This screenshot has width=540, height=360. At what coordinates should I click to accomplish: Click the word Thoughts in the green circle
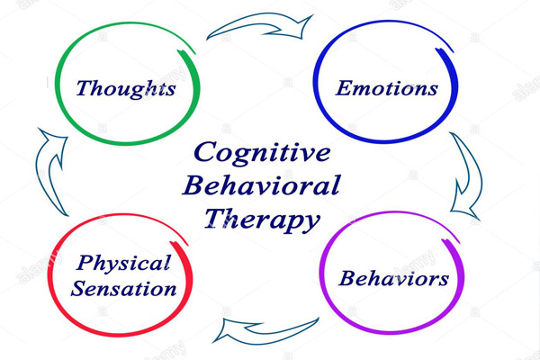tap(125, 88)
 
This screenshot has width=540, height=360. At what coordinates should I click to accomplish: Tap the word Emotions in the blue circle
tap(387, 88)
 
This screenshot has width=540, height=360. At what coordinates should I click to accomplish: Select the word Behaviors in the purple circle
tap(393, 278)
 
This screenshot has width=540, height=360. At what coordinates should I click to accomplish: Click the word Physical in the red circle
tap(124, 265)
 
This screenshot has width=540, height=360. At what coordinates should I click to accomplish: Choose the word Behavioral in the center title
tap(261, 186)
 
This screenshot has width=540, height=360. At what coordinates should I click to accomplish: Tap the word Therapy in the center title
tap(261, 219)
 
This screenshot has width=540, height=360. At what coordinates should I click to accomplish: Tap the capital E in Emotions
tap(344, 88)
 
